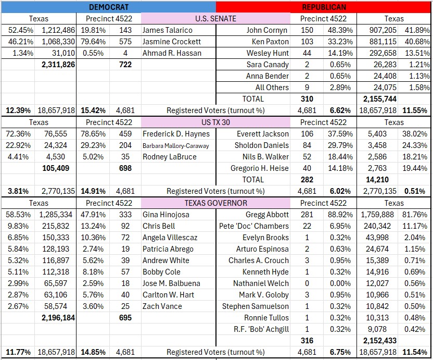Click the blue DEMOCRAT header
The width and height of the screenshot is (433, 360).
pos(109,7)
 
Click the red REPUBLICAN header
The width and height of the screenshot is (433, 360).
pos(324,7)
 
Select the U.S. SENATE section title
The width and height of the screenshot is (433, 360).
pos(215,19)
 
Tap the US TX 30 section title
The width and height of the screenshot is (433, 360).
pos(215,122)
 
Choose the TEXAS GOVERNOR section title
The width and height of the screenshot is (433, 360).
pos(215,203)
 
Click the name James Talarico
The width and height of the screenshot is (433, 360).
pos(167,30)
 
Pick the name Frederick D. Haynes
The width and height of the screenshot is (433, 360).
pos(176,134)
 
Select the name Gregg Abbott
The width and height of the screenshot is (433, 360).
pos(267,215)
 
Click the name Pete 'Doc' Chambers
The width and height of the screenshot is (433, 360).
pos(254,226)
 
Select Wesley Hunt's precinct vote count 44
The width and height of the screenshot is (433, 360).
pos(307,53)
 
